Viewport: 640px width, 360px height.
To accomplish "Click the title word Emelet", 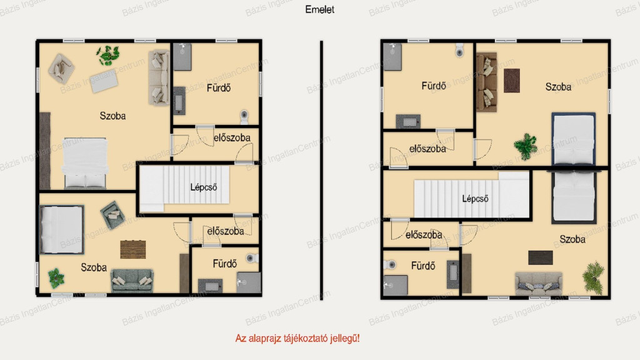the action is pyautogui.click(x=319, y=9).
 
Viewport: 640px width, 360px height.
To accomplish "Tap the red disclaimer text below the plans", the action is pyautogui.click(x=297, y=338).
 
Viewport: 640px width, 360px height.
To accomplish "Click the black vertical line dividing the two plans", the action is pyautogui.click(x=322, y=170).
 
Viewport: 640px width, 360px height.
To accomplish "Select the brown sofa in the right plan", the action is pyautogui.click(x=487, y=82).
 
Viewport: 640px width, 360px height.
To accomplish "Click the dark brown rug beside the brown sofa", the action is pyautogui.click(x=512, y=81).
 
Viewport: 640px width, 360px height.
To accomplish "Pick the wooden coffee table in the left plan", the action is pyautogui.click(x=133, y=249).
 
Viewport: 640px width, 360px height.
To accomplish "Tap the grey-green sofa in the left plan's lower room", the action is pyautogui.click(x=132, y=281).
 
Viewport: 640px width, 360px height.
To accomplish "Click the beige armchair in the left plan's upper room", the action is pyautogui.click(x=61, y=69).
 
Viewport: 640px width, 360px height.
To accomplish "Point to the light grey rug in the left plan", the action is pyautogui.click(x=104, y=81).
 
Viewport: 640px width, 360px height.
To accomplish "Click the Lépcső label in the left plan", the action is pyautogui.click(x=203, y=187).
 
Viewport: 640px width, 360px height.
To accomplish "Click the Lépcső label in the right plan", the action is pyautogui.click(x=475, y=199).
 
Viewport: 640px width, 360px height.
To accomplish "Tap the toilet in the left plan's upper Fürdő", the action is pyautogui.click(x=244, y=116).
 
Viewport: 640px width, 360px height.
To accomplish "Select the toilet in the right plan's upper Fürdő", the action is pyautogui.click(x=459, y=50).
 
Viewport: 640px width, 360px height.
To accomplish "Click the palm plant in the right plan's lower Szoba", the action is pyautogui.click(x=594, y=277).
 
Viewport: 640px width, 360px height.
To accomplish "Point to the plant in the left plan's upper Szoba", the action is pyautogui.click(x=108, y=56).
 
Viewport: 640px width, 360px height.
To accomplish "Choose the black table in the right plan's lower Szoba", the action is pyautogui.click(x=541, y=258).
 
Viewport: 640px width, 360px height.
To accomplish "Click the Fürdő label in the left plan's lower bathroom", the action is pyautogui.click(x=224, y=264).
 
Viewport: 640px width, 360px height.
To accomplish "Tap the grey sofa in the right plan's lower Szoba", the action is pyautogui.click(x=539, y=283).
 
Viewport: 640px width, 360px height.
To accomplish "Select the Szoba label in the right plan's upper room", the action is pyautogui.click(x=558, y=87).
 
